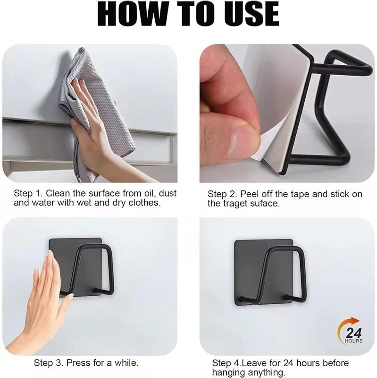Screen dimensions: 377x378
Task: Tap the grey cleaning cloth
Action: coord(96,111)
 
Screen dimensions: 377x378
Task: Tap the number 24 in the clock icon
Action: coord(354,333)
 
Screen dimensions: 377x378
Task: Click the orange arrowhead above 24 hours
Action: coord(355,321)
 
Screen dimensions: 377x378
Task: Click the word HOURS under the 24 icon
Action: coord(354,341)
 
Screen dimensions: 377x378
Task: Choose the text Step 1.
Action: coord(28,194)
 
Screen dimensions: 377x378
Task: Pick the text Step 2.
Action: coord(222,194)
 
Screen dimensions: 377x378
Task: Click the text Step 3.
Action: coord(49,363)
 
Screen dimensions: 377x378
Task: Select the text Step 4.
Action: coord(226,363)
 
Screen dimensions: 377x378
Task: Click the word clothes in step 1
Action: coord(144,203)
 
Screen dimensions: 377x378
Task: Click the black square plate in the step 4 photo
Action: coord(264,273)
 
